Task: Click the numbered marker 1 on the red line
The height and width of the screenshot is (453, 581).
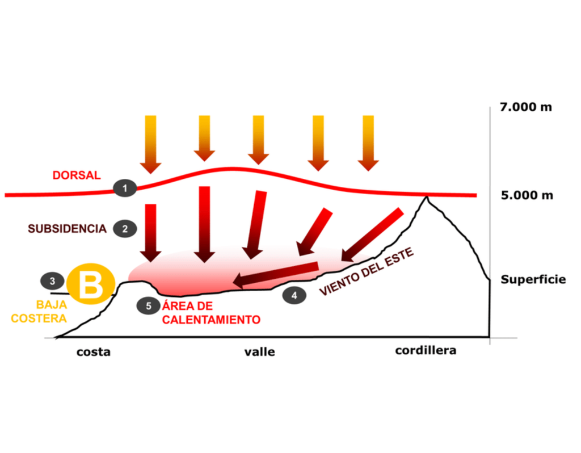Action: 124,188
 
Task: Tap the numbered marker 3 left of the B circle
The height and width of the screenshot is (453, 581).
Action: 52,280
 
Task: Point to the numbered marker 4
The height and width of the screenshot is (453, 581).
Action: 294,295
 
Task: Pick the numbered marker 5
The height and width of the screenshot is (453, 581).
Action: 149,305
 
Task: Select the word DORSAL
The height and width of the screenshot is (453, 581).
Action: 77,175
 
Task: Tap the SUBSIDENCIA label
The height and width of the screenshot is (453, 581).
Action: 67,229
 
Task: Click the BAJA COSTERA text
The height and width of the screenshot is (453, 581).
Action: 39,311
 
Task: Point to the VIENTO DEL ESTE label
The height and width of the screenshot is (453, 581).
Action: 367,271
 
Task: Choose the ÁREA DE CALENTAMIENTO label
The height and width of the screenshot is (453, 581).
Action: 211,313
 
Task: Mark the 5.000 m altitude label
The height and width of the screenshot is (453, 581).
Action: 526,196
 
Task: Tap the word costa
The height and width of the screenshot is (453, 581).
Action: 94,352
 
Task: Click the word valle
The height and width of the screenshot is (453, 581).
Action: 259,352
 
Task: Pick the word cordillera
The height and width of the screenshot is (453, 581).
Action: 426,350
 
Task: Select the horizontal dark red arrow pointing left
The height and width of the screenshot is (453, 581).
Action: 276,274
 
